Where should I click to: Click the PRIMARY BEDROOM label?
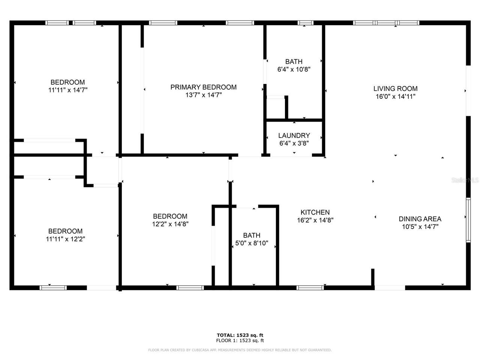(x=203, y=87)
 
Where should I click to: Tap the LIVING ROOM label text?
(x=395, y=88)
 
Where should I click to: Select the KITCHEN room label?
(x=315, y=212)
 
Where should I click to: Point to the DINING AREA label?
(x=420, y=219)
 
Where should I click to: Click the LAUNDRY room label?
(x=294, y=135)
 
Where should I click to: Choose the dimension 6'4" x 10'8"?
(x=294, y=69)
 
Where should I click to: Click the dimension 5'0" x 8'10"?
(x=252, y=243)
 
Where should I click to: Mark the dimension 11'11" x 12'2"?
(x=65, y=239)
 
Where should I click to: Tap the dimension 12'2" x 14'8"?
(x=170, y=224)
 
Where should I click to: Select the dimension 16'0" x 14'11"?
(x=395, y=96)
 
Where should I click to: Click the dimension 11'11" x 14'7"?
(x=68, y=90)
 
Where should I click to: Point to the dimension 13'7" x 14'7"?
(x=203, y=95)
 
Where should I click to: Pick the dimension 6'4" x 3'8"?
(x=294, y=143)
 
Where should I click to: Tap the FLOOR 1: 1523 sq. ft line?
(x=240, y=340)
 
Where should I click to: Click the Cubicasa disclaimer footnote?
(x=240, y=350)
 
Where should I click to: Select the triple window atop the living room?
(x=386, y=23)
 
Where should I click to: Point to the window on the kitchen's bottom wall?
(x=310, y=288)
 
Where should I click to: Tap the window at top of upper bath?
(x=305, y=23)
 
